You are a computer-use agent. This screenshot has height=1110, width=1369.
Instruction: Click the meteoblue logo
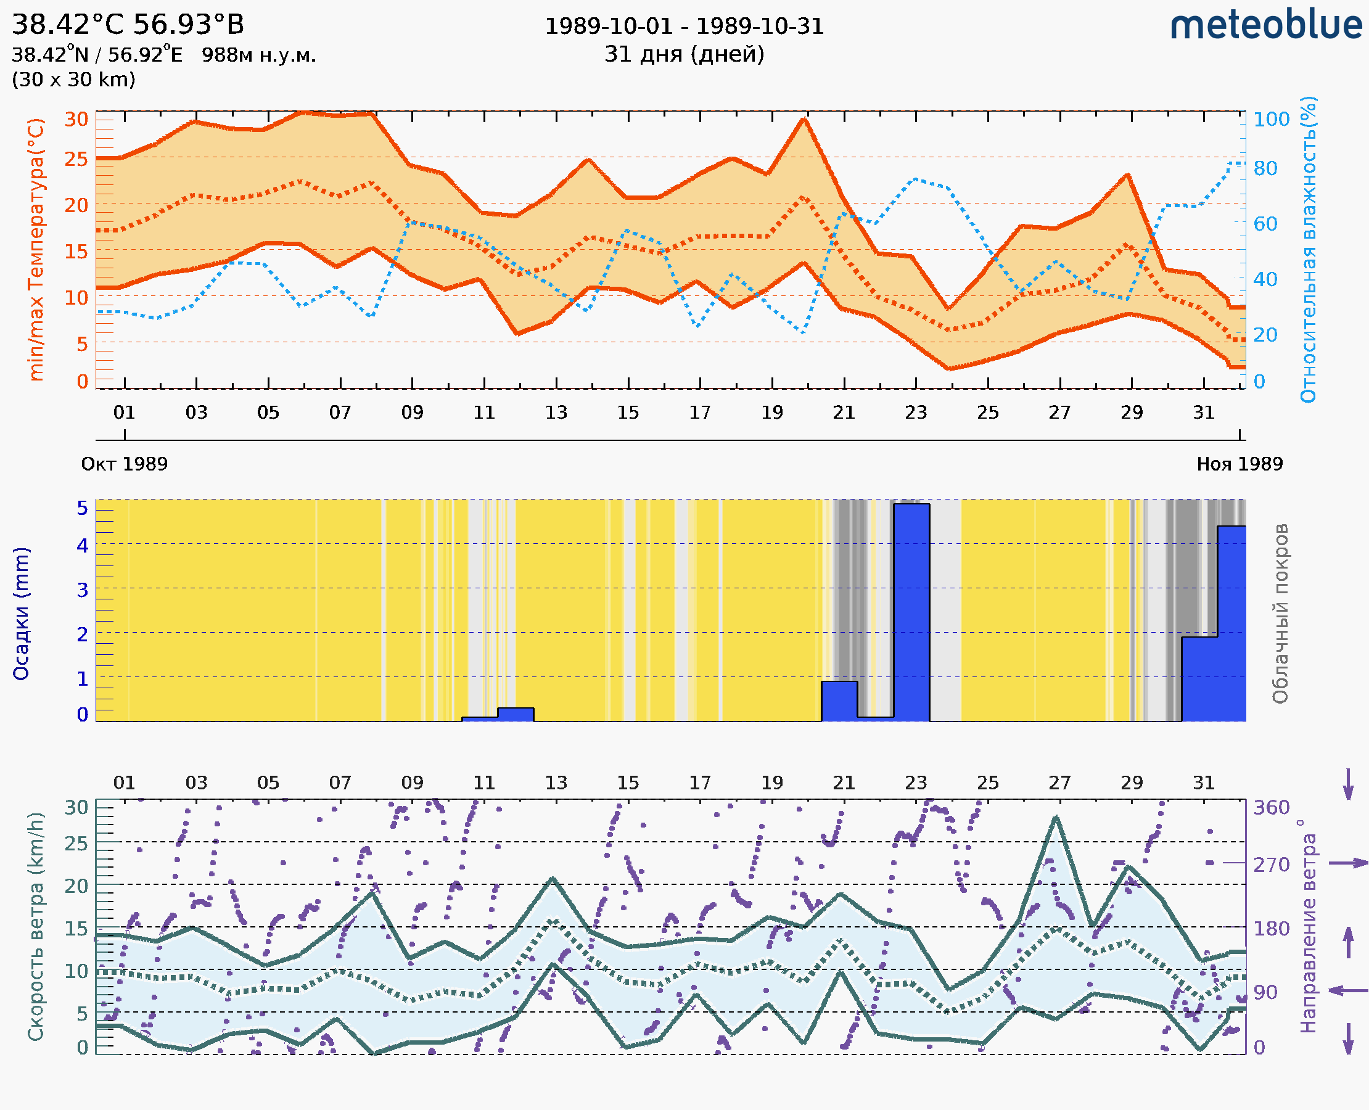pos(1265,25)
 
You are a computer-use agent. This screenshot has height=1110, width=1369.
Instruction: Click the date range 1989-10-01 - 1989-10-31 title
pos(684,27)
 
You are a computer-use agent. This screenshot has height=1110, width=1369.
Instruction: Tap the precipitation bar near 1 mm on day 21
pos(839,701)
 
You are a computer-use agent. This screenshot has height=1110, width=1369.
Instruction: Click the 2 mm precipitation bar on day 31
pos(1199,679)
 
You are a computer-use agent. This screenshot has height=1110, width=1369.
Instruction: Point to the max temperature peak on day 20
pos(804,120)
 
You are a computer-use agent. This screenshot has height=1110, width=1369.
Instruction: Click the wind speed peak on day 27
pos(1056,817)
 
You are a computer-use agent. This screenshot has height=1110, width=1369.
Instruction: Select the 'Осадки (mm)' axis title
pos(21,613)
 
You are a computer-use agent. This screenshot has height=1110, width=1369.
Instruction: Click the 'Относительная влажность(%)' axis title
pos(1308,249)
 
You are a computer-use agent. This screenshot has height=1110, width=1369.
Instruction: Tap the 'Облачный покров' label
pos(1280,613)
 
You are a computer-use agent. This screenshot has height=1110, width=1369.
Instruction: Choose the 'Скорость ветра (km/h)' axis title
pos(36,926)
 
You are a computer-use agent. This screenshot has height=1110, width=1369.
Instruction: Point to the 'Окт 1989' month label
pos(124,464)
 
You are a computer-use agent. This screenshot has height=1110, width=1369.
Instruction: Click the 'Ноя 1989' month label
pos(1240,464)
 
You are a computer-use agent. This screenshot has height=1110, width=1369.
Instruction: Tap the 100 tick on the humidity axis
pos(1271,120)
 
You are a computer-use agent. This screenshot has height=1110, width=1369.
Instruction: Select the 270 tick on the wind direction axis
pos(1271,865)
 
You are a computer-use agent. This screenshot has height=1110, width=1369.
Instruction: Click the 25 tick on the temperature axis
pos(76,159)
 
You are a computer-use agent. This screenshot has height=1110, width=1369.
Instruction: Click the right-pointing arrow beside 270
pos(1348,863)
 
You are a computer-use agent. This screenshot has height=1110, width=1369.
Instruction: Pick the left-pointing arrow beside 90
pos(1348,990)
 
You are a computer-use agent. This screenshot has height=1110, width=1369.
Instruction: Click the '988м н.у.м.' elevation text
pos(258,55)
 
